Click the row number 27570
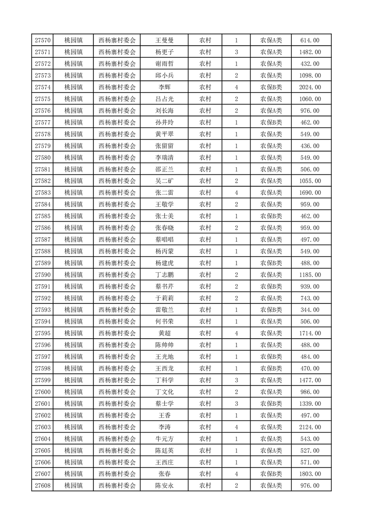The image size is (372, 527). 43,40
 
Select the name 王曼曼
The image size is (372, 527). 165,40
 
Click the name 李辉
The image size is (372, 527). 165,87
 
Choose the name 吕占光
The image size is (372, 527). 165,99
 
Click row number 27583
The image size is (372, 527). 43,193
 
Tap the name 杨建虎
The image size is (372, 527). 165,263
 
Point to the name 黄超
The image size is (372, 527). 165,333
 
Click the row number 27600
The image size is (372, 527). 43,392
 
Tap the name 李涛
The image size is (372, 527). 165,427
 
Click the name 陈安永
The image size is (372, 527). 165,486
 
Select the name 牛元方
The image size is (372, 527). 165,439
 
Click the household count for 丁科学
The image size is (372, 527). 236,380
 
